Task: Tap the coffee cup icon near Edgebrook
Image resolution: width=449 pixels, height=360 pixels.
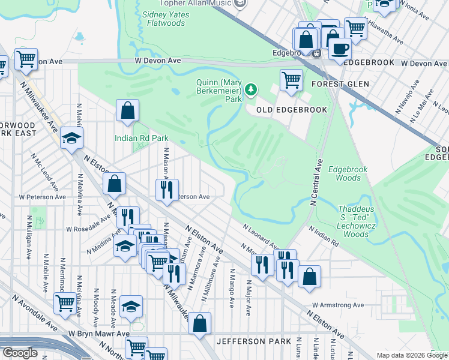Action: click(340, 49)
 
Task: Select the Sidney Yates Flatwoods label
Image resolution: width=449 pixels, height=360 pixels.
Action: click(163, 19)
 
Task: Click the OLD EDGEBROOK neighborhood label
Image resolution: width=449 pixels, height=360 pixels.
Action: click(292, 110)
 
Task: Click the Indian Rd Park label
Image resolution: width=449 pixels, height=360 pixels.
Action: click(142, 138)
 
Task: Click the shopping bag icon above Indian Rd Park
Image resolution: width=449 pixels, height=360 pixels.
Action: click(128, 110)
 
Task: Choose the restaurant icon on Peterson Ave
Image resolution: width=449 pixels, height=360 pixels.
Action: click(166, 190)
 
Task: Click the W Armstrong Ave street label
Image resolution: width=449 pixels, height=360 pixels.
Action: click(338, 305)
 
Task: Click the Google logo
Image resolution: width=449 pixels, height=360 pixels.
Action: click(20, 353)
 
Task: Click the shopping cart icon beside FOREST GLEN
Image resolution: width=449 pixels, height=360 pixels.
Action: click(291, 79)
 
